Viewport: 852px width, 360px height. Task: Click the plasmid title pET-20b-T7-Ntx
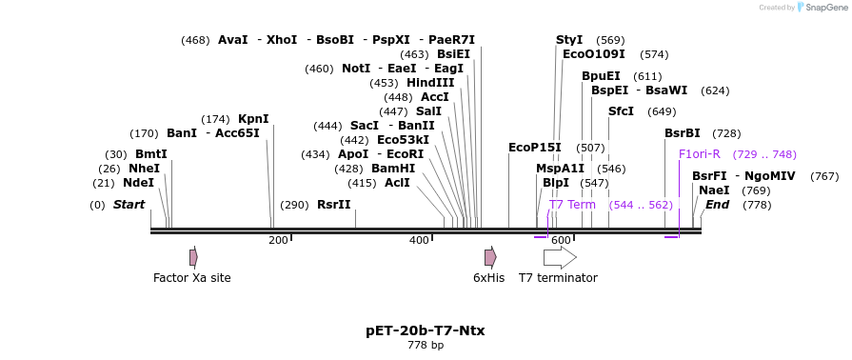pyautogui.click(x=425, y=330)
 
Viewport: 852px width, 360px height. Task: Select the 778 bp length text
pyautogui.click(x=425, y=345)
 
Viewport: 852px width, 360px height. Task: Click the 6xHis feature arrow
pyautogui.click(x=490, y=257)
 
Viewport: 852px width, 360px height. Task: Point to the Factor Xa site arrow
pyautogui.click(x=193, y=257)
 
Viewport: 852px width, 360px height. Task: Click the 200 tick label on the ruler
pyautogui.click(x=278, y=241)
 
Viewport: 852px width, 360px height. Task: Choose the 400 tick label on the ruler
pyautogui.click(x=419, y=241)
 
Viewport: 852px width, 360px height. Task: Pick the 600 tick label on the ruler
pyautogui.click(x=561, y=241)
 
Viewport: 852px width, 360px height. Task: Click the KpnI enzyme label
pyautogui.click(x=253, y=119)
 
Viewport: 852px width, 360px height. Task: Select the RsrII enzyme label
pyautogui.click(x=333, y=205)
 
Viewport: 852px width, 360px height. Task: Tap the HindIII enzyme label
pyautogui.click(x=430, y=83)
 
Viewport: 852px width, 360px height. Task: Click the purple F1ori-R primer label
pyautogui.click(x=699, y=154)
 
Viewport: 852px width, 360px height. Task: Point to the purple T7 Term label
pyautogui.click(x=572, y=205)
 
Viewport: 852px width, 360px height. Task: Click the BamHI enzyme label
pyautogui.click(x=393, y=169)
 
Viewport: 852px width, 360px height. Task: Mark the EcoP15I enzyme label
pyautogui.click(x=534, y=148)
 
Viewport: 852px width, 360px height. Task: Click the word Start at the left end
pyautogui.click(x=129, y=205)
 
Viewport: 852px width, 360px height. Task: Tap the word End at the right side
pyautogui.click(x=717, y=205)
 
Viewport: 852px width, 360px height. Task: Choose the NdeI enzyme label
pyautogui.click(x=138, y=183)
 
